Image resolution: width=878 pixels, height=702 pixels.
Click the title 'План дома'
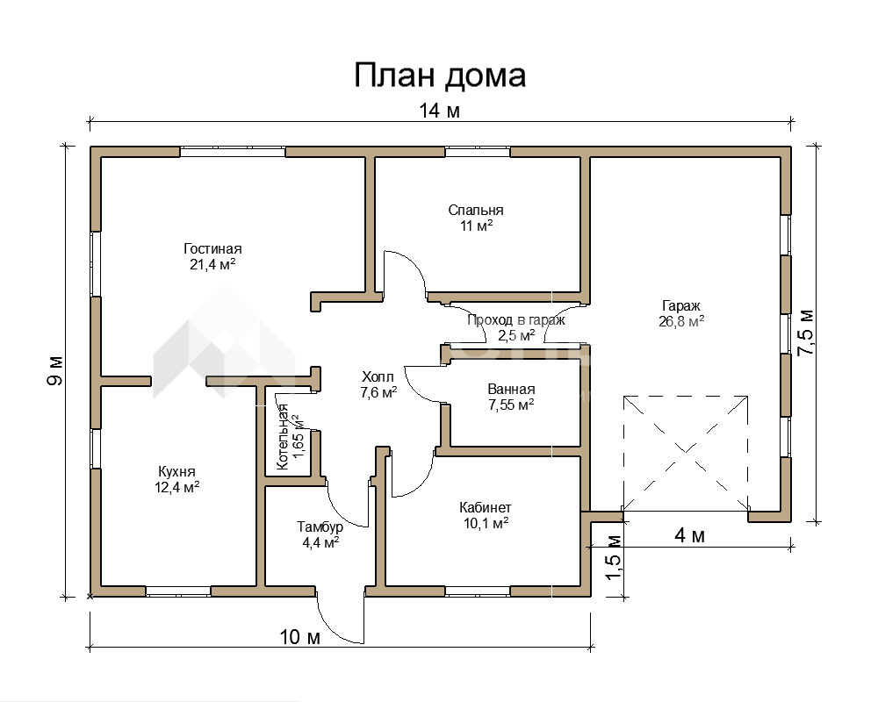click(440, 76)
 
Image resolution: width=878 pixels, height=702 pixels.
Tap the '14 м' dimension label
click(440, 111)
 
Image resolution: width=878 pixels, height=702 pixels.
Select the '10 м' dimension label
click(300, 636)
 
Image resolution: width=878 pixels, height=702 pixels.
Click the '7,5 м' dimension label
click(806, 332)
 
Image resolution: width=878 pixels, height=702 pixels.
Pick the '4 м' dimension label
click(690, 536)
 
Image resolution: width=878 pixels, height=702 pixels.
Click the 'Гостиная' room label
click(212, 248)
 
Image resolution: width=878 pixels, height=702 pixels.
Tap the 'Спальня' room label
click(476, 210)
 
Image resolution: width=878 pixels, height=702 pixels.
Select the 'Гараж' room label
click(681, 305)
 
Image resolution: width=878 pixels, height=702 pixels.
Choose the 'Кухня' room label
click(177, 471)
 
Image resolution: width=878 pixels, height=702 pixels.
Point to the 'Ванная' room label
click(511, 389)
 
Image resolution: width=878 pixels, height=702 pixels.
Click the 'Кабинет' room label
click(486, 508)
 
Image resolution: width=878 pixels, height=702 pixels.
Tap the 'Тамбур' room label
click(320, 526)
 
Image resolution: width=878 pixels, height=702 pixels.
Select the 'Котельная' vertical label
click(282, 437)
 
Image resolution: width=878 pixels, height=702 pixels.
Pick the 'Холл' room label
click(378, 376)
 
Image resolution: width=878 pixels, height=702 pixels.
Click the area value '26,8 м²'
click(681, 321)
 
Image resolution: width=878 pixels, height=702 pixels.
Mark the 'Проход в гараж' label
click(516, 320)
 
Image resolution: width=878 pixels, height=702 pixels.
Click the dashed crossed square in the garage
click(686, 454)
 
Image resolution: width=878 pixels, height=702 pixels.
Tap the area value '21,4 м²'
click(212, 264)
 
